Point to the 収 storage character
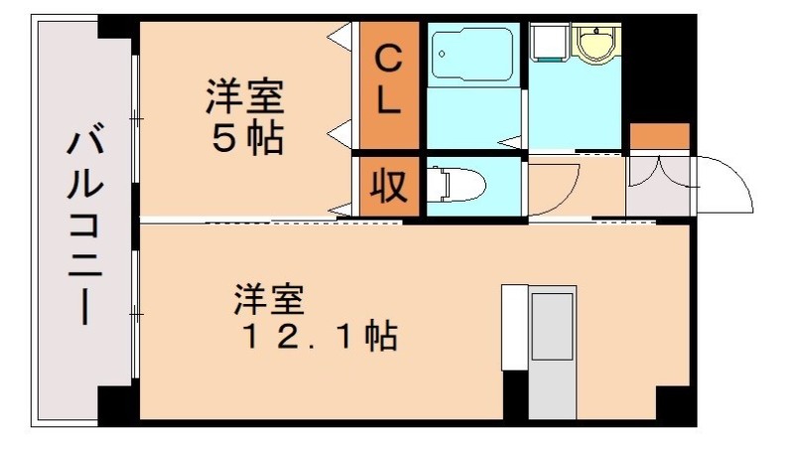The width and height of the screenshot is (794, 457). [x=388, y=186]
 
